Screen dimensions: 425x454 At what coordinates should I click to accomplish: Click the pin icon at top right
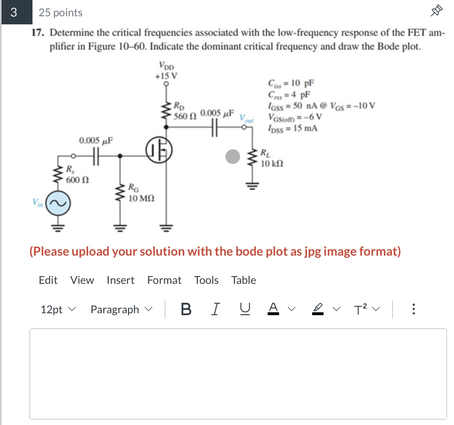pyautogui.click(x=436, y=11)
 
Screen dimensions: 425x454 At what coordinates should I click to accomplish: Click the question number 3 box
pyautogui.click(x=14, y=12)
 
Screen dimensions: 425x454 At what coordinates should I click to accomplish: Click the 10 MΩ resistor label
pyautogui.click(x=141, y=198)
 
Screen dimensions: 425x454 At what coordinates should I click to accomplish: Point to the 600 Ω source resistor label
pyautogui.click(x=77, y=180)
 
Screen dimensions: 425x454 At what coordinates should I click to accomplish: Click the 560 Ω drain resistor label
pyautogui.click(x=185, y=116)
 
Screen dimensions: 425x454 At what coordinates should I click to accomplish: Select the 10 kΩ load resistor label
pyautogui.click(x=272, y=164)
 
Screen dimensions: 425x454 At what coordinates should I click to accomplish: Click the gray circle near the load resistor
pyautogui.click(x=233, y=157)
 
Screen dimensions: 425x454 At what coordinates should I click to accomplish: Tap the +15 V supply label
pyautogui.click(x=166, y=76)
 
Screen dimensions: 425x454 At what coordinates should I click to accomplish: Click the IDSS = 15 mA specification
pyautogui.click(x=293, y=128)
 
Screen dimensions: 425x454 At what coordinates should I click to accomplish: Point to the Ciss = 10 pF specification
pyautogui.click(x=291, y=83)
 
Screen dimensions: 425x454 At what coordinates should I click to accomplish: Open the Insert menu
pyautogui.click(x=120, y=280)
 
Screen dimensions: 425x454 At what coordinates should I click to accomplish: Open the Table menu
pyautogui.click(x=243, y=280)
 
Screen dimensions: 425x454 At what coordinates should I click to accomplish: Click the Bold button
pyautogui.click(x=186, y=309)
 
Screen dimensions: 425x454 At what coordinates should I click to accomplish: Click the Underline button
pyautogui.click(x=244, y=309)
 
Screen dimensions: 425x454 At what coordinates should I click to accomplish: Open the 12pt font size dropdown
pyautogui.click(x=58, y=309)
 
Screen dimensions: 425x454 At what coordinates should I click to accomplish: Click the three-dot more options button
pyautogui.click(x=413, y=309)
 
